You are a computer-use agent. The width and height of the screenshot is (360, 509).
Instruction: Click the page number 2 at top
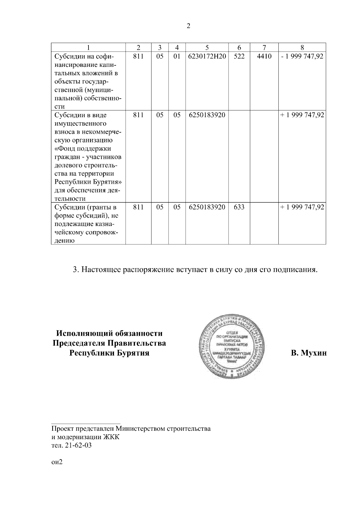(x=188, y=26)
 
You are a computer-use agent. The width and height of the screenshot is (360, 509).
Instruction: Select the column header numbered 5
(x=207, y=47)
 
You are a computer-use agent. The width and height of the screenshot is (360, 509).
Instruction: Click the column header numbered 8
(x=302, y=47)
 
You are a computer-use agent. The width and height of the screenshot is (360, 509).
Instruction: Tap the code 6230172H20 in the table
(x=207, y=56)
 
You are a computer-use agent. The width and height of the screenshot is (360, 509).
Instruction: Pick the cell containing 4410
(x=264, y=56)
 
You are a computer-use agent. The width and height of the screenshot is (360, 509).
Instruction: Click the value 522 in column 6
(x=239, y=56)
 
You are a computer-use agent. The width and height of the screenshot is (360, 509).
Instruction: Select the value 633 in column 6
(x=239, y=207)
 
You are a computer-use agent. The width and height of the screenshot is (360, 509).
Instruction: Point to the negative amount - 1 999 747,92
(x=302, y=56)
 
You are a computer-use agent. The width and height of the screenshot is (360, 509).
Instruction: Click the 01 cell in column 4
(x=177, y=56)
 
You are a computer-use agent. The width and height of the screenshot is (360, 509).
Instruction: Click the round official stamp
(x=231, y=346)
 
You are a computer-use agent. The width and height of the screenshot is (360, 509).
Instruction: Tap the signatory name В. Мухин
(x=309, y=353)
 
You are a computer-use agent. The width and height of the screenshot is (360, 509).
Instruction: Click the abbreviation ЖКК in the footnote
(x=111, y=437)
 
